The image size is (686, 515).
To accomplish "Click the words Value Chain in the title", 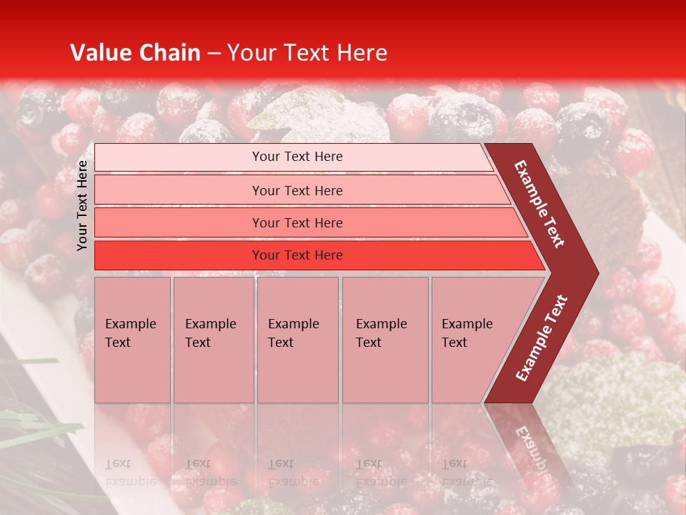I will coord(135,53).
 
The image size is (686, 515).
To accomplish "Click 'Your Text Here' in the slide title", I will coord(307,53).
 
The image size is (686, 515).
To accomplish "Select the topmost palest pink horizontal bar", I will coord(297,157).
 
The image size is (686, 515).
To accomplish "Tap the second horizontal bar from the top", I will coord(297,190).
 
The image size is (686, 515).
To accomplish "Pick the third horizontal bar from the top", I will coord(297,222).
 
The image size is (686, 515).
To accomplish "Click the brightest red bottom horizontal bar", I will coord(297,255).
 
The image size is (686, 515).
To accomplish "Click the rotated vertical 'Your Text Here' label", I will coord(83,206).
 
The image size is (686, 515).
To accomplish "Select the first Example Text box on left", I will coord(132,340).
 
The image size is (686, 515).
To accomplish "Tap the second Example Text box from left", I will coord(213,340).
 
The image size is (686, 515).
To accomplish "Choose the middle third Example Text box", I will coord(297,340).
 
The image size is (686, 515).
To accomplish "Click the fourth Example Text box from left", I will coord(384,340).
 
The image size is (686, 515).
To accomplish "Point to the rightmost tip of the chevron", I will coord(596,273).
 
